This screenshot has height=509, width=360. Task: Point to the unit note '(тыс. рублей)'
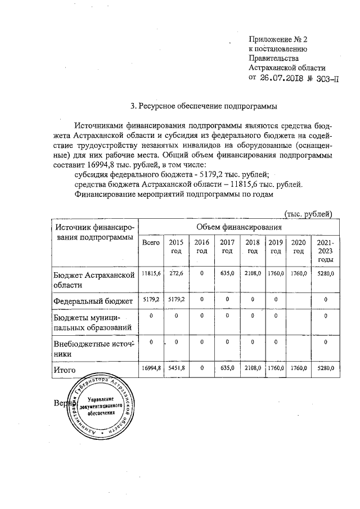(309, 213)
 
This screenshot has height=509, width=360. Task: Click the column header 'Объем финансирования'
(238, 227)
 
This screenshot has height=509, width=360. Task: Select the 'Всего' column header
(151, 242)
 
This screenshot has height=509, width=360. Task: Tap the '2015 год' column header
(177, 246)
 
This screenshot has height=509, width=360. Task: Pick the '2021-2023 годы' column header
(326, 251)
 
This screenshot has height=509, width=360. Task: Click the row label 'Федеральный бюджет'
(93, 301)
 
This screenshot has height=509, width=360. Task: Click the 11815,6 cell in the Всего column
(151, 273)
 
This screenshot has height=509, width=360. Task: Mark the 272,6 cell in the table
(177, 273)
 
